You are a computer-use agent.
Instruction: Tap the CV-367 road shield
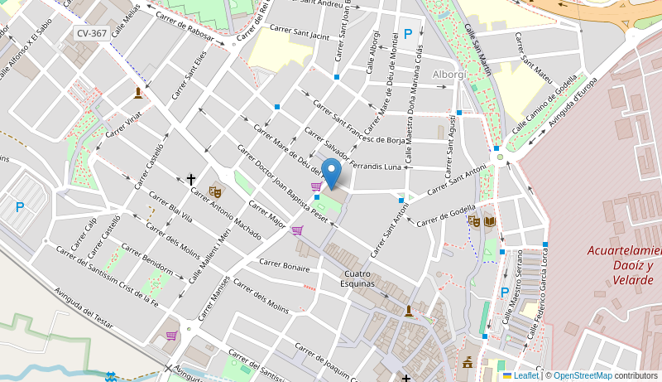(91, 33)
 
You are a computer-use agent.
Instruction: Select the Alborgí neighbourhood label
(450, 75)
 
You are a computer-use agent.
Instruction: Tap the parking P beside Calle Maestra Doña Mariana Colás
(408, 34)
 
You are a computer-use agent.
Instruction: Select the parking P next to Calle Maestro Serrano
(505, 292)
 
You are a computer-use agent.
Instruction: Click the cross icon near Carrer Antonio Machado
(191, 179)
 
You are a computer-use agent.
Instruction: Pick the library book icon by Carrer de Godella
(490, 221)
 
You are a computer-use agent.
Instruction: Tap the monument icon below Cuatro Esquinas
(408, 311)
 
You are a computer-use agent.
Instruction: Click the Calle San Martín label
(477, 50)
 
